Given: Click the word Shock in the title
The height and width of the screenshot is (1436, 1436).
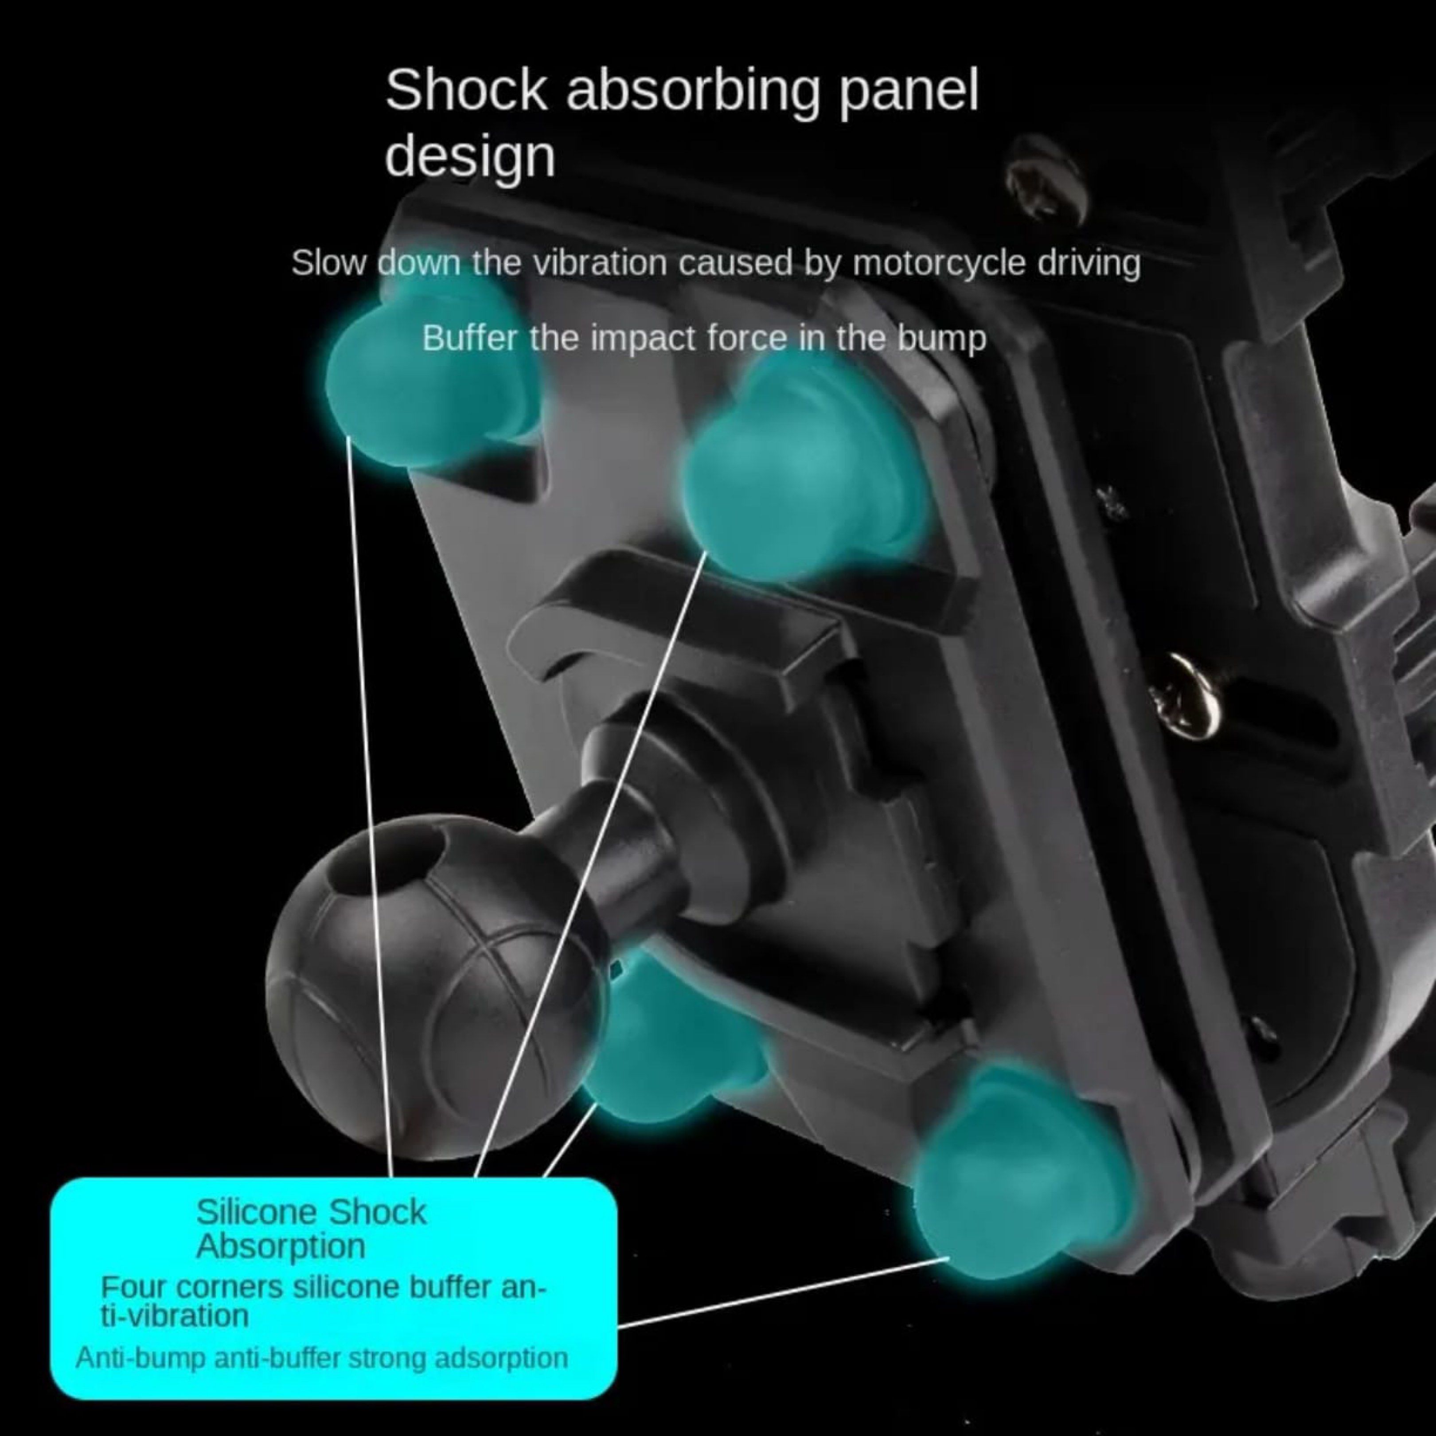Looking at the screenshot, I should coord(466,91).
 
